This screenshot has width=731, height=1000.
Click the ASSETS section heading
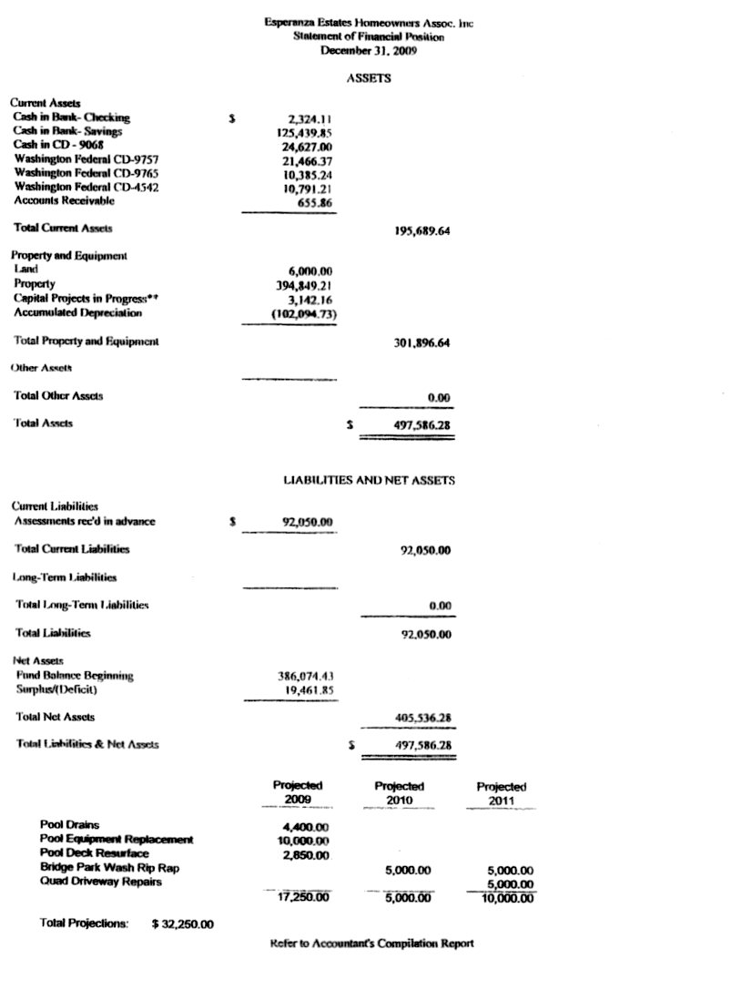(x=369, y=79)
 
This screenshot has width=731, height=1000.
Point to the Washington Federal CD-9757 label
(x=86, y=159)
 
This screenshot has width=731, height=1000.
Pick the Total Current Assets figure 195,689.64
(x=417, y=231)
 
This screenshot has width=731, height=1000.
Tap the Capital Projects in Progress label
(x=84, y=299)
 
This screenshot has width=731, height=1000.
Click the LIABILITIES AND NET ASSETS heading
(x=369, y=480)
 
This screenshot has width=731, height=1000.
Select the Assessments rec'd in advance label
(x=85, y=521)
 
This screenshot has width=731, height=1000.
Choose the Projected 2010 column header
(x=400, y=792)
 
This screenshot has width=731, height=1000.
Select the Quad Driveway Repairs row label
(x=96, y=881)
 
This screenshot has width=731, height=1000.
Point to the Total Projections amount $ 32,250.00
(x=183, y=924)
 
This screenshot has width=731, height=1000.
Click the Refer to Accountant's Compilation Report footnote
(x=371, y=944)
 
